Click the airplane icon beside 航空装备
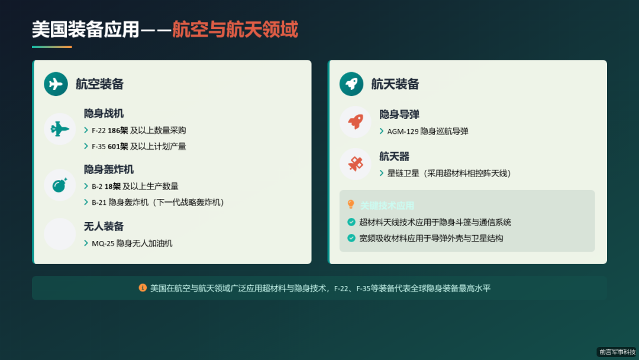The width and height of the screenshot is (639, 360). point(56,83)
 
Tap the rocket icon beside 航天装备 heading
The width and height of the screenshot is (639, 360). point(351,83)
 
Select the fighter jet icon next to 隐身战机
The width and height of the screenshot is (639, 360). point(60,129)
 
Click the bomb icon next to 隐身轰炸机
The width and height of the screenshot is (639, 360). point(60,185)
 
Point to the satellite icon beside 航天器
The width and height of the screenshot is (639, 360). point(356,164)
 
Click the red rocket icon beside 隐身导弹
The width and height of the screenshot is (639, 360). point(356,122)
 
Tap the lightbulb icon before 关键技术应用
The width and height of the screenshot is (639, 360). point(351,205)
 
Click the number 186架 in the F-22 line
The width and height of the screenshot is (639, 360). point(118,130)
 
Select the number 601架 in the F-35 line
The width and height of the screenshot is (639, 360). point(118,146)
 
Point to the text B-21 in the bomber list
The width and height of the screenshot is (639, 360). point(99,202)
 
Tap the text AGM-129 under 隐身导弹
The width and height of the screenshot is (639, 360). point(402,131)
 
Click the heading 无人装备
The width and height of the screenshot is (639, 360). point(104,226)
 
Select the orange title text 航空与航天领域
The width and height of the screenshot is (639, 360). point(235,29)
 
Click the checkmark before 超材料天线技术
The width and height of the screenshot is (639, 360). point(351,223)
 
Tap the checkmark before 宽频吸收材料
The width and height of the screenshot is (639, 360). point(351,239)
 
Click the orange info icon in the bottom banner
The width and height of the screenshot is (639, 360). point(143,288)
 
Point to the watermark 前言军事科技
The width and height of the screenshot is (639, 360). point(617,352)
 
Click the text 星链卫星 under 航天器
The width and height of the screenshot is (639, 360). point(403,173)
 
